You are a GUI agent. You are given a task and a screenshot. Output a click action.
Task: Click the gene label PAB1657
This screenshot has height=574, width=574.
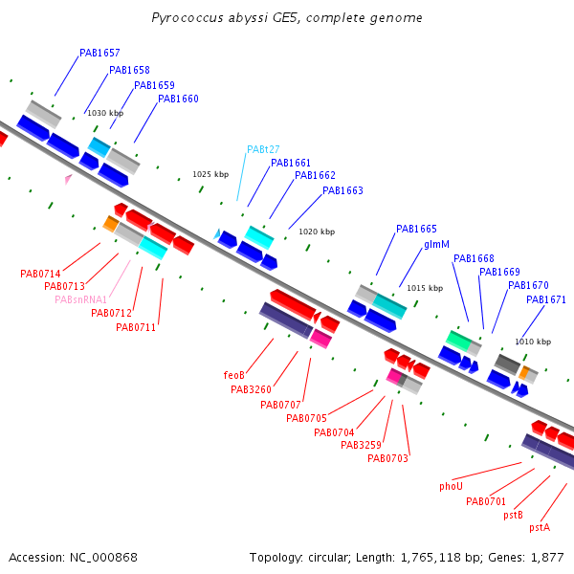coord(99,53)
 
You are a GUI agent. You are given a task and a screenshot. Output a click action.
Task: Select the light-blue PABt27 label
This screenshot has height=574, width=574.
coord(263,149)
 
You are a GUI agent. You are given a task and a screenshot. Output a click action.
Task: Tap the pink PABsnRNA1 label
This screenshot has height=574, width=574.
coord(81,299)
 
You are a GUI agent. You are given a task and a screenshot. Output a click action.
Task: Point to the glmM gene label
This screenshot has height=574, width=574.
coord(436,244)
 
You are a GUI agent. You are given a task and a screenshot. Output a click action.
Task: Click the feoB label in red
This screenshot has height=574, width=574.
coord(234,375)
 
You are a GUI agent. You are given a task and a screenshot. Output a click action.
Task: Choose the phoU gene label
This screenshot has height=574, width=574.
coord(451,486)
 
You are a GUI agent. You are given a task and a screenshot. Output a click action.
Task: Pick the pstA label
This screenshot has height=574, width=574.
coord(540,527)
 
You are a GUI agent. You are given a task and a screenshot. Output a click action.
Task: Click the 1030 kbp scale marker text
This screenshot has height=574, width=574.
coord(105,113)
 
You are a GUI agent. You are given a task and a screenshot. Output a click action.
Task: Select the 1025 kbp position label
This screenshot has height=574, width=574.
coord(210,174)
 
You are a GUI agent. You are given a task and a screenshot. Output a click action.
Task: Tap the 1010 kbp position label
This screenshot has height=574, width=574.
coord(533,342)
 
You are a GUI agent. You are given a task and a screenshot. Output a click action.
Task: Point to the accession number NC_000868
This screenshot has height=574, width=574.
coord(103,558)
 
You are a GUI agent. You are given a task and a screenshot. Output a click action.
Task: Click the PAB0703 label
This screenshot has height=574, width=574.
coord(387,458)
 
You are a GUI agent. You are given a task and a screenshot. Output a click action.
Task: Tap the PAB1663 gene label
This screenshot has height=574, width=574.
coord(342,190)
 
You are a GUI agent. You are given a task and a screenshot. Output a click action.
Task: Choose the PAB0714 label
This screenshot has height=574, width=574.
coord(40,274)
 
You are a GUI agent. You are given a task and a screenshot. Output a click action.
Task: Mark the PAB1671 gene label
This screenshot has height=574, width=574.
coord(546,299)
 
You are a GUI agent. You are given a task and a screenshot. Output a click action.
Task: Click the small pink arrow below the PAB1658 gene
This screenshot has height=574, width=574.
coord(68,179)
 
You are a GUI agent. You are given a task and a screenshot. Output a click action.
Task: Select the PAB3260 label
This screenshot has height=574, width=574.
coord(251,389)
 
